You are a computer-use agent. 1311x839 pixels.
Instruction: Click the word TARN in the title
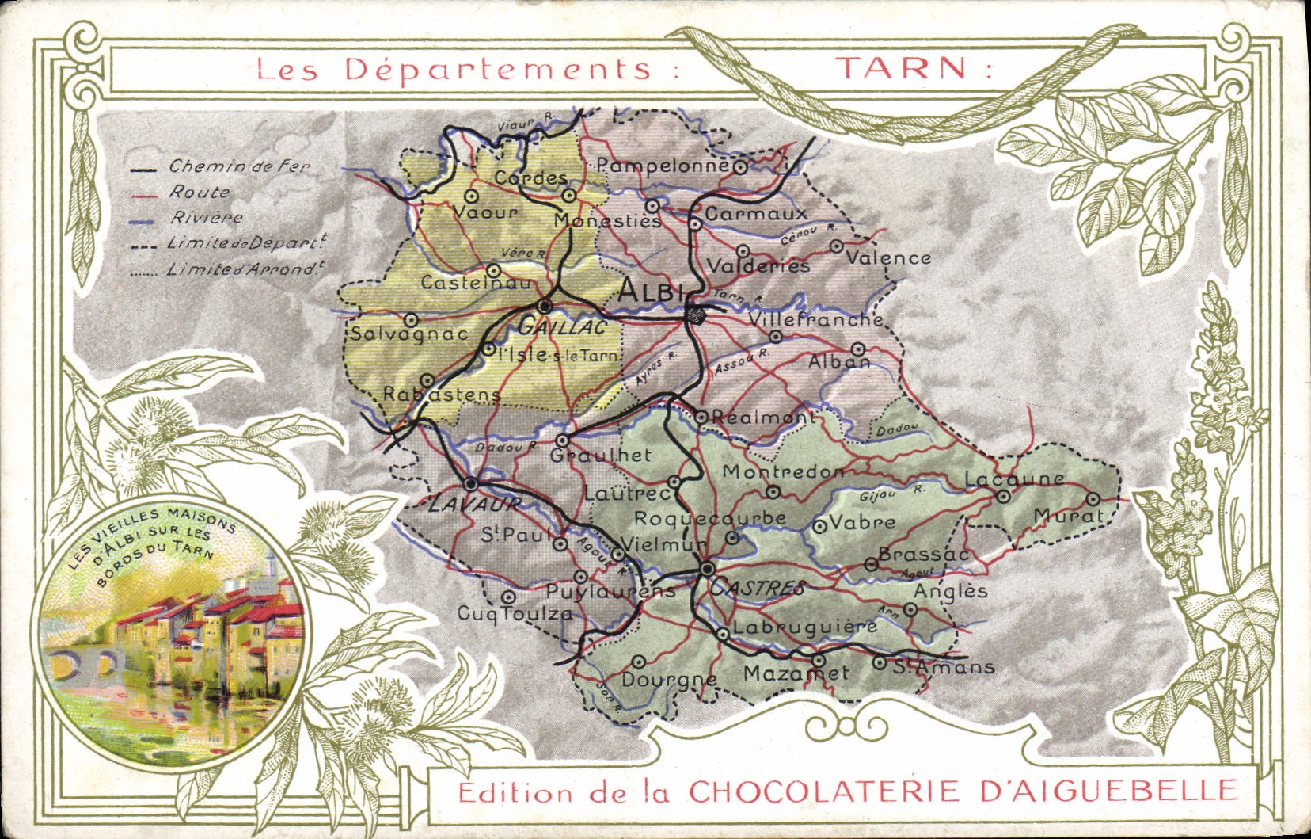tap(902, 68)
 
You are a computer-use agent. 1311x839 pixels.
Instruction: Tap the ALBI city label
tap(650, 292)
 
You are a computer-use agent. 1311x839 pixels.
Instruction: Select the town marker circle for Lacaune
tap(1003, 497)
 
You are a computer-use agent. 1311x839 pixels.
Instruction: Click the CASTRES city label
tap(758, 588)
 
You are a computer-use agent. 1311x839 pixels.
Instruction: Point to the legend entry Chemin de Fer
tap(238, 166)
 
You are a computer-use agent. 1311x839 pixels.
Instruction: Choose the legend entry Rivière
tap(205, 217)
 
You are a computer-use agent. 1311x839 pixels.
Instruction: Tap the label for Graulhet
tap(600, 456)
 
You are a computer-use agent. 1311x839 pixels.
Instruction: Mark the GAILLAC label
tap(563, 326)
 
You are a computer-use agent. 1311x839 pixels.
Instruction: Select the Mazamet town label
tap(796, 673)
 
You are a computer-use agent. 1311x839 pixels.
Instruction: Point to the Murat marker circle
tap(1093, 499)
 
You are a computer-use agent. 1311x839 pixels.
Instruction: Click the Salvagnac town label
tap(408, 334)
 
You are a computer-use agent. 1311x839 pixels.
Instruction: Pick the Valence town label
tap(888, 258)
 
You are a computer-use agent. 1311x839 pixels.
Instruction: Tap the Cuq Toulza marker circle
tap(509, 596)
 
